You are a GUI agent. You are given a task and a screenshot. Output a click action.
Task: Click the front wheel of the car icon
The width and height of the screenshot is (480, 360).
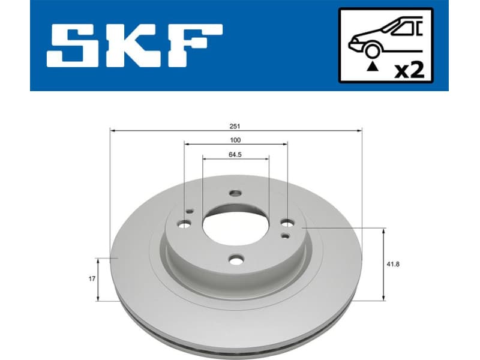pyautogui.click(x=373, y=51)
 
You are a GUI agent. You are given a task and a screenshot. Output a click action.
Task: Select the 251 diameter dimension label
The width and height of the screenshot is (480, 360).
pyautogui.click(x=236, y=125)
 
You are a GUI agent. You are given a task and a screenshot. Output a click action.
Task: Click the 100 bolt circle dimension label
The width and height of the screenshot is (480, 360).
pyautogui.click(x=235, y=140)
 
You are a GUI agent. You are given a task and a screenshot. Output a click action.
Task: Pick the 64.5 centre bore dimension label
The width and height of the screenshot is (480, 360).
pyautogui.click(x=235, y=155)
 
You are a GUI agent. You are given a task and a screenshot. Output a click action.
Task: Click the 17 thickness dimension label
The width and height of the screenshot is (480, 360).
pyautogui.click(x=92, y=279)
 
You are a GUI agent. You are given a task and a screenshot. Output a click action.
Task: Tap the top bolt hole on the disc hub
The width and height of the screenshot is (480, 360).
pyautogui.click(x=235, y=194)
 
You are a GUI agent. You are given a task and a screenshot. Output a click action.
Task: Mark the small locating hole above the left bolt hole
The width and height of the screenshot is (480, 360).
pyautogui.click(x=190, y=211)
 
